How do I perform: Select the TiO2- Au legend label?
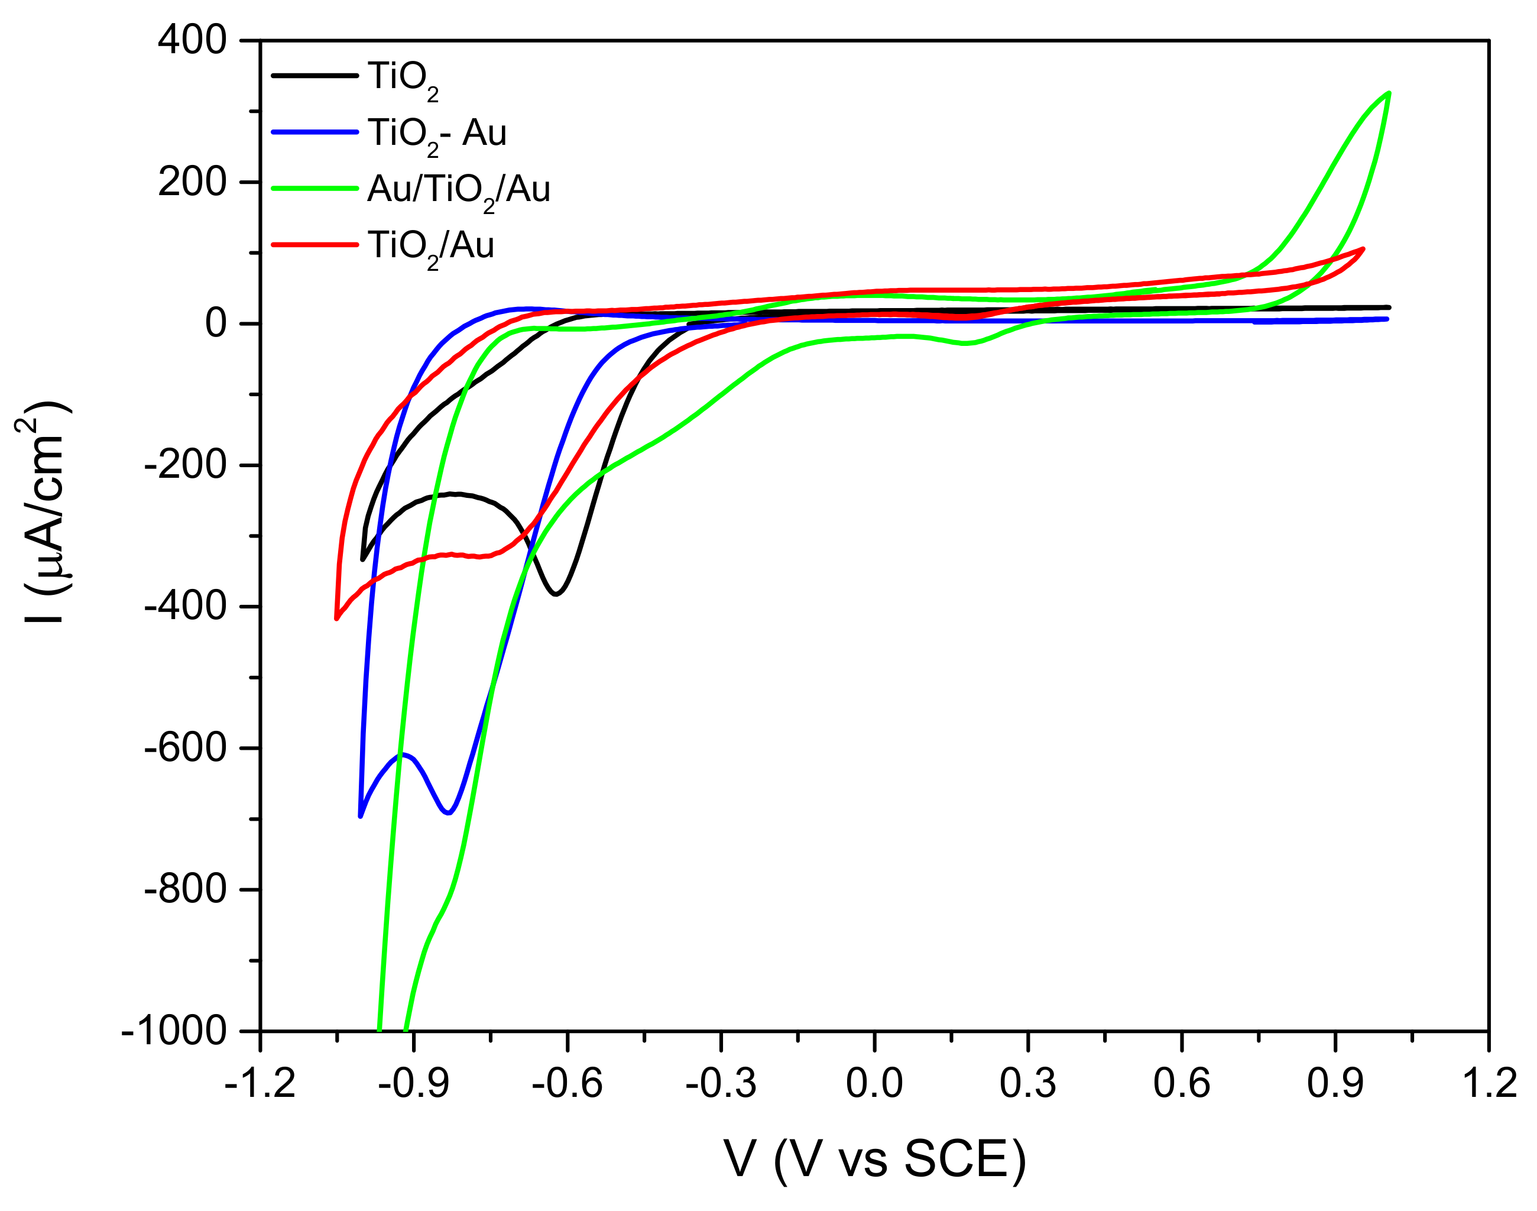[436, 135]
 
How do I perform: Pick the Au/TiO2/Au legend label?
[458, 191]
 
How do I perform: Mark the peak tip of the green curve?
[1388, 93]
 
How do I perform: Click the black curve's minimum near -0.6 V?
[556, 594]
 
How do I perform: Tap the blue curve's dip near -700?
[448, 812]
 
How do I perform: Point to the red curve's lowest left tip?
[337, 619]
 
